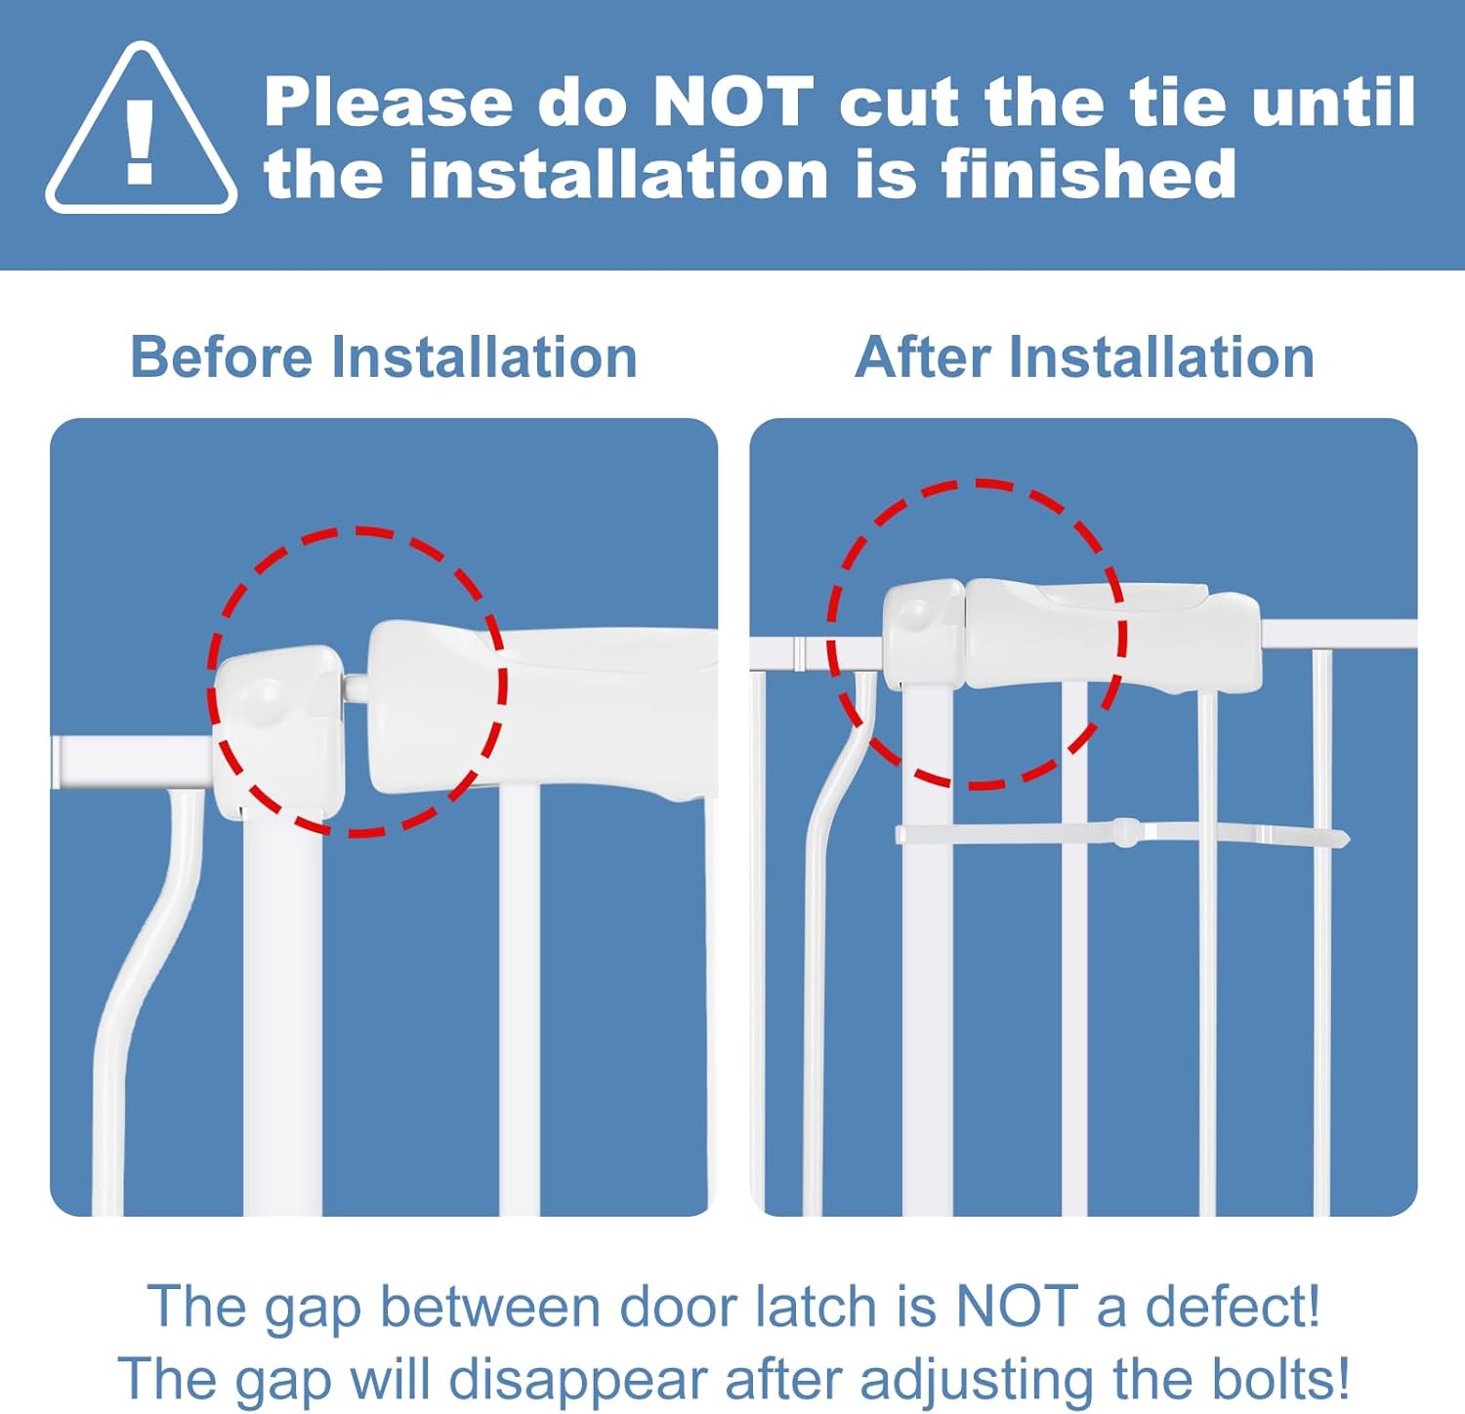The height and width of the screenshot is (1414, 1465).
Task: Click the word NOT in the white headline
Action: point(732,102)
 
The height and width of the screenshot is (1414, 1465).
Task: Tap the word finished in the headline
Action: point(1088,175)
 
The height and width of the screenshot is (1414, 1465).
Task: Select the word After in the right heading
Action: point(923,356)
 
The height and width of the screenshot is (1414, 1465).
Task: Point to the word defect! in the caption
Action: point(1233,1307)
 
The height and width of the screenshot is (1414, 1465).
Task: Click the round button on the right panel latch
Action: point(916,614)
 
